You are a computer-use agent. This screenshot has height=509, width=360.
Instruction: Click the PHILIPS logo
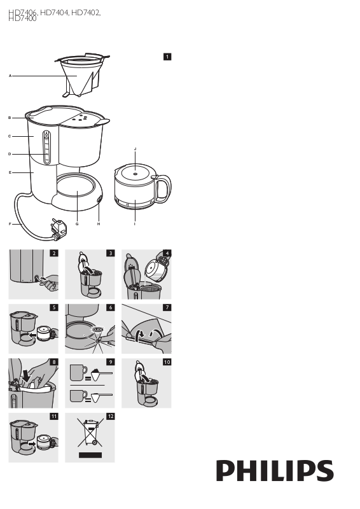[275, 471]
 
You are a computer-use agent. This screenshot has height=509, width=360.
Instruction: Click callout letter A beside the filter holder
[10, 76]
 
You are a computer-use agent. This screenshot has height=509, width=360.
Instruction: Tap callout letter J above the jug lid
[135, 149]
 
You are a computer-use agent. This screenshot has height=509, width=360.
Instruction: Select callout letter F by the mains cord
[10, 224]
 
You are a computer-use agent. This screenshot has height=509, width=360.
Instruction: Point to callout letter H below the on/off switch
[99, 224]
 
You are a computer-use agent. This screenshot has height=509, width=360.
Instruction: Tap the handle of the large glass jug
[163, 188]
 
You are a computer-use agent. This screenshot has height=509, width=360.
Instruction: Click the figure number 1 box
[167, 57]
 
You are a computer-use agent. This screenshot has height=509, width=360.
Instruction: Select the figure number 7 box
[167, 307]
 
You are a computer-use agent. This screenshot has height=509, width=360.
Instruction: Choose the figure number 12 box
[111, 416]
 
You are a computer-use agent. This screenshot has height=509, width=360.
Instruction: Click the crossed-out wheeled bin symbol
[90, 433]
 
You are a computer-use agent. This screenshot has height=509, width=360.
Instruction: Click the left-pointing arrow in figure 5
[32, 335]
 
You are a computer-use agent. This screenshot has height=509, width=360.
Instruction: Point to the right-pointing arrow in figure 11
[32, 443]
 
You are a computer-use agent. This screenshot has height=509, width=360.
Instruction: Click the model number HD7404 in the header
[54, 13]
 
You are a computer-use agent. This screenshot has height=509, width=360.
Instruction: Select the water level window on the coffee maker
[46, 148]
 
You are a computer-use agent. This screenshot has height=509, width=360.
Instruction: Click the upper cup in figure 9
[78, 372]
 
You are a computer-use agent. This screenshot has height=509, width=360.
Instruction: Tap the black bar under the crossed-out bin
[90, 455]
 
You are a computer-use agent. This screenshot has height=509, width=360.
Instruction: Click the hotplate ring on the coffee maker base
[77, 186]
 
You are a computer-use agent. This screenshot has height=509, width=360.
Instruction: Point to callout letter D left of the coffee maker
[10, 154]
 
